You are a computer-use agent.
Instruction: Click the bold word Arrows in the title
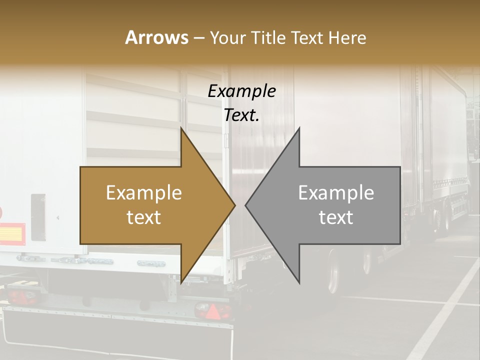pos(156,37)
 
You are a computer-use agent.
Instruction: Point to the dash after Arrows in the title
pos(198,38)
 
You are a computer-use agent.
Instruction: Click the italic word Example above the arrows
pos(241,91)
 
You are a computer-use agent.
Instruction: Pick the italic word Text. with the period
pos(241,115)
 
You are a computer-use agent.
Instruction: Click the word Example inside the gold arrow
pos(143,192)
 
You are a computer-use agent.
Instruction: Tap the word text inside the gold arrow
pos(143,217)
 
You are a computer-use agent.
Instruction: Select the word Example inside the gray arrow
pos(336,192)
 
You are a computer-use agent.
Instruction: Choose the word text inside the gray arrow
pos(336,217)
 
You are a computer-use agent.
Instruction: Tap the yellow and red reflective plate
pos(12,233)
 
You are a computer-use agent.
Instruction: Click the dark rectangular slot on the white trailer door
pos(38,217)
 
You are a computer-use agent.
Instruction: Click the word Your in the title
pos(228,37)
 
